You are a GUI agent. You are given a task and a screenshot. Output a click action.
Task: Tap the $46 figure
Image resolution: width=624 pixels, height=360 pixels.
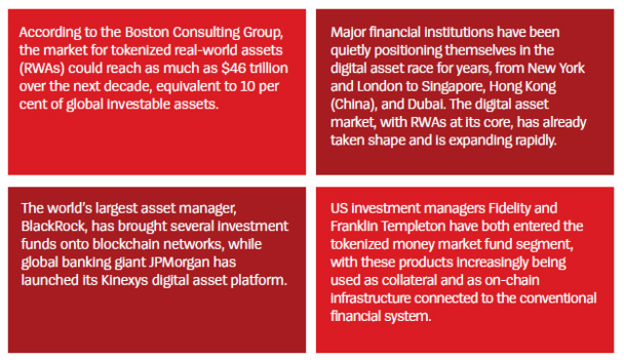click(234, 68)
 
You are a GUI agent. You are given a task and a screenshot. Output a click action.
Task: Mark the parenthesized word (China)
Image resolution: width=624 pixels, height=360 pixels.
click(353, 104)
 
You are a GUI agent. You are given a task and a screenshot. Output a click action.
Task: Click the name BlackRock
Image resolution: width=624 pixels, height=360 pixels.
click(54, 226)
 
